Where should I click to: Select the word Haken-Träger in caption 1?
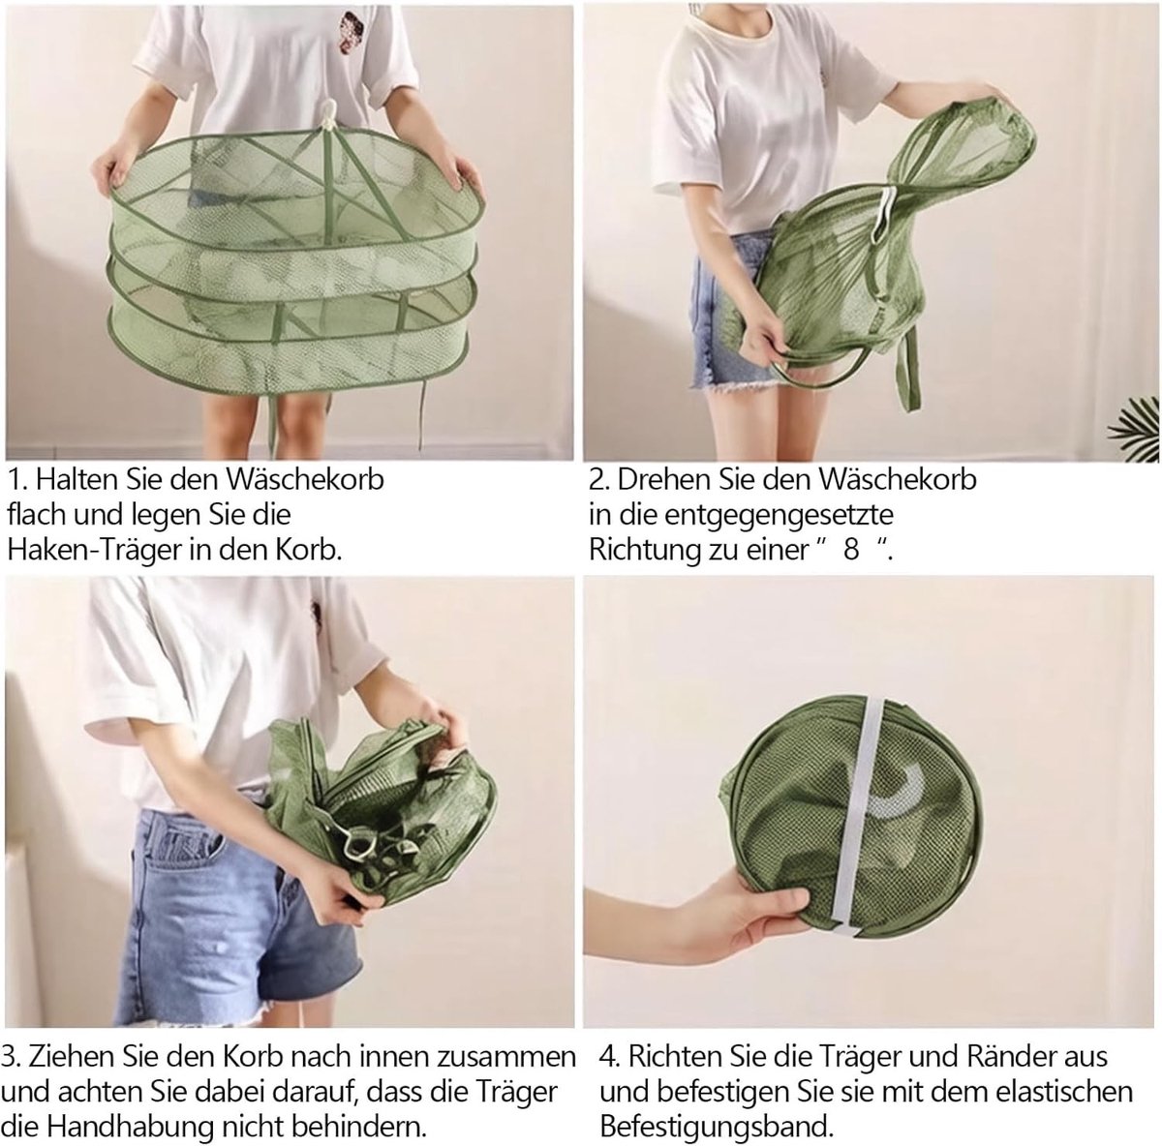point(95,550)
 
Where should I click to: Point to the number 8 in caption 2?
point(851,550)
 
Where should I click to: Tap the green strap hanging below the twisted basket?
point(908,368)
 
